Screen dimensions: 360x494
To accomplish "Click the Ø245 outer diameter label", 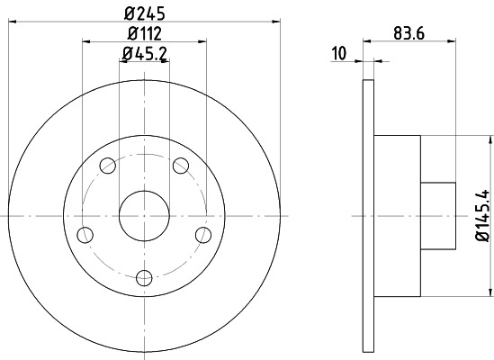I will point(144,14).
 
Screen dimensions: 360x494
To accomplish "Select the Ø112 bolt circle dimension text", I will point(144,34).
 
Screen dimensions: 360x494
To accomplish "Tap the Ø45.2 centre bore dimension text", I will point(144,54).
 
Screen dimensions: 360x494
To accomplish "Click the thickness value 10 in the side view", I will point(338,54).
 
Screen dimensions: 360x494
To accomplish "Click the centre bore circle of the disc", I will point(143,216).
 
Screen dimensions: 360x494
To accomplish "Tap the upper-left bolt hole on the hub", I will point(107,165).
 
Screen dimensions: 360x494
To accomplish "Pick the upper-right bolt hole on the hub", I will point(180,165).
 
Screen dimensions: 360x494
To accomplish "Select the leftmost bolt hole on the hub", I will point(85,235).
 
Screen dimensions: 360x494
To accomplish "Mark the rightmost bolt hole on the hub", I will point(202,235).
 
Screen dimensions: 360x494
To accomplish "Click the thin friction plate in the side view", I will point(368,216).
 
